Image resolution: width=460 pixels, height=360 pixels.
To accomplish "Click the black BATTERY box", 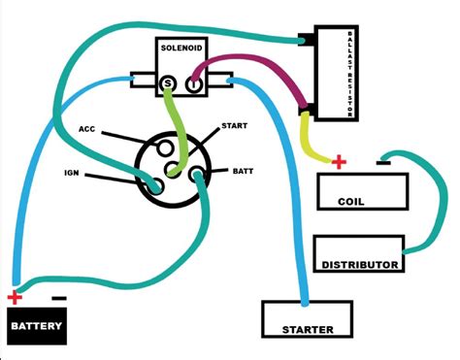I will pos(38,326).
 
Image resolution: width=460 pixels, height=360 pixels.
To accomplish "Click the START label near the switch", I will pos(234,126).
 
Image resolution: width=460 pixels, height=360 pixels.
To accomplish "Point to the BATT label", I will pos(243,171).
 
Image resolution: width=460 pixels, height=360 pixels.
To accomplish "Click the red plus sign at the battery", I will pos(13,298).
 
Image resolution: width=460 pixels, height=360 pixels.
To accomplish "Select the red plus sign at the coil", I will pos(338,161).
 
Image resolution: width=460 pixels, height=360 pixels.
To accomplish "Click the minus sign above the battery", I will pos(58,298).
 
